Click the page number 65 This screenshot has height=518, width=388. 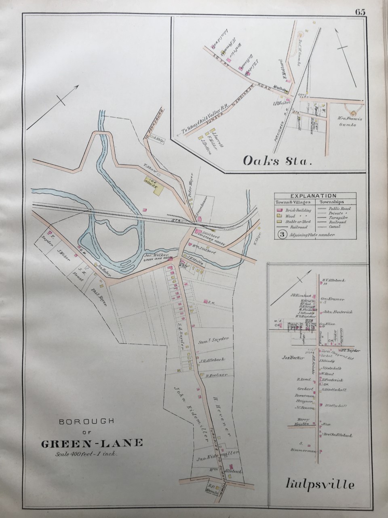point(361,12)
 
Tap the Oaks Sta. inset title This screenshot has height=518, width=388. point(278,162)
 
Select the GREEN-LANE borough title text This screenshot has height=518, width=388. point(92,443)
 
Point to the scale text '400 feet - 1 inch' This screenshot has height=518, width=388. point(86,453)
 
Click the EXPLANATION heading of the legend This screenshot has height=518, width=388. point(316,195)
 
